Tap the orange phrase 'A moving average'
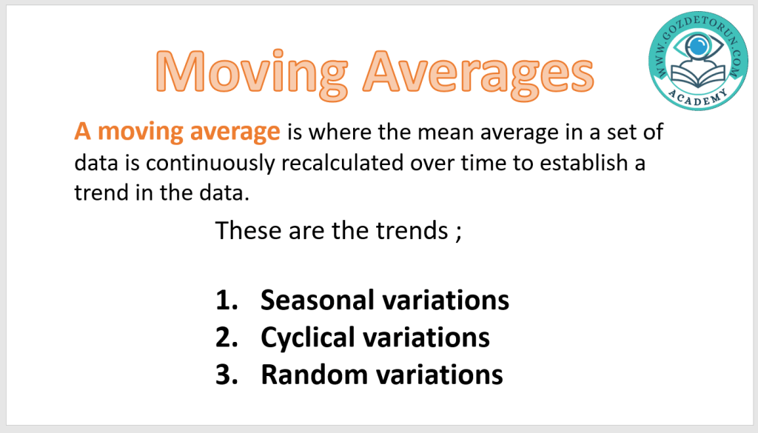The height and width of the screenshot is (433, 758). tap(177, 132)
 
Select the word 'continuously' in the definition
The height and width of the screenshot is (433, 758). tap(210, 164)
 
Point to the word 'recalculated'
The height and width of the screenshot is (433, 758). tap(342, 162)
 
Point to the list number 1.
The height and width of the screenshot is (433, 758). tap(227, 300)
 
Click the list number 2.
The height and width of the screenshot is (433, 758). tap(227, 337)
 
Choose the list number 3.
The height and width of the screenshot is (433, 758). tap(227, 375)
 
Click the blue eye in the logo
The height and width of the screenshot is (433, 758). tap(698, 47)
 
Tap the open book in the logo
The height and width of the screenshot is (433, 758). tap(698, 74)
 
